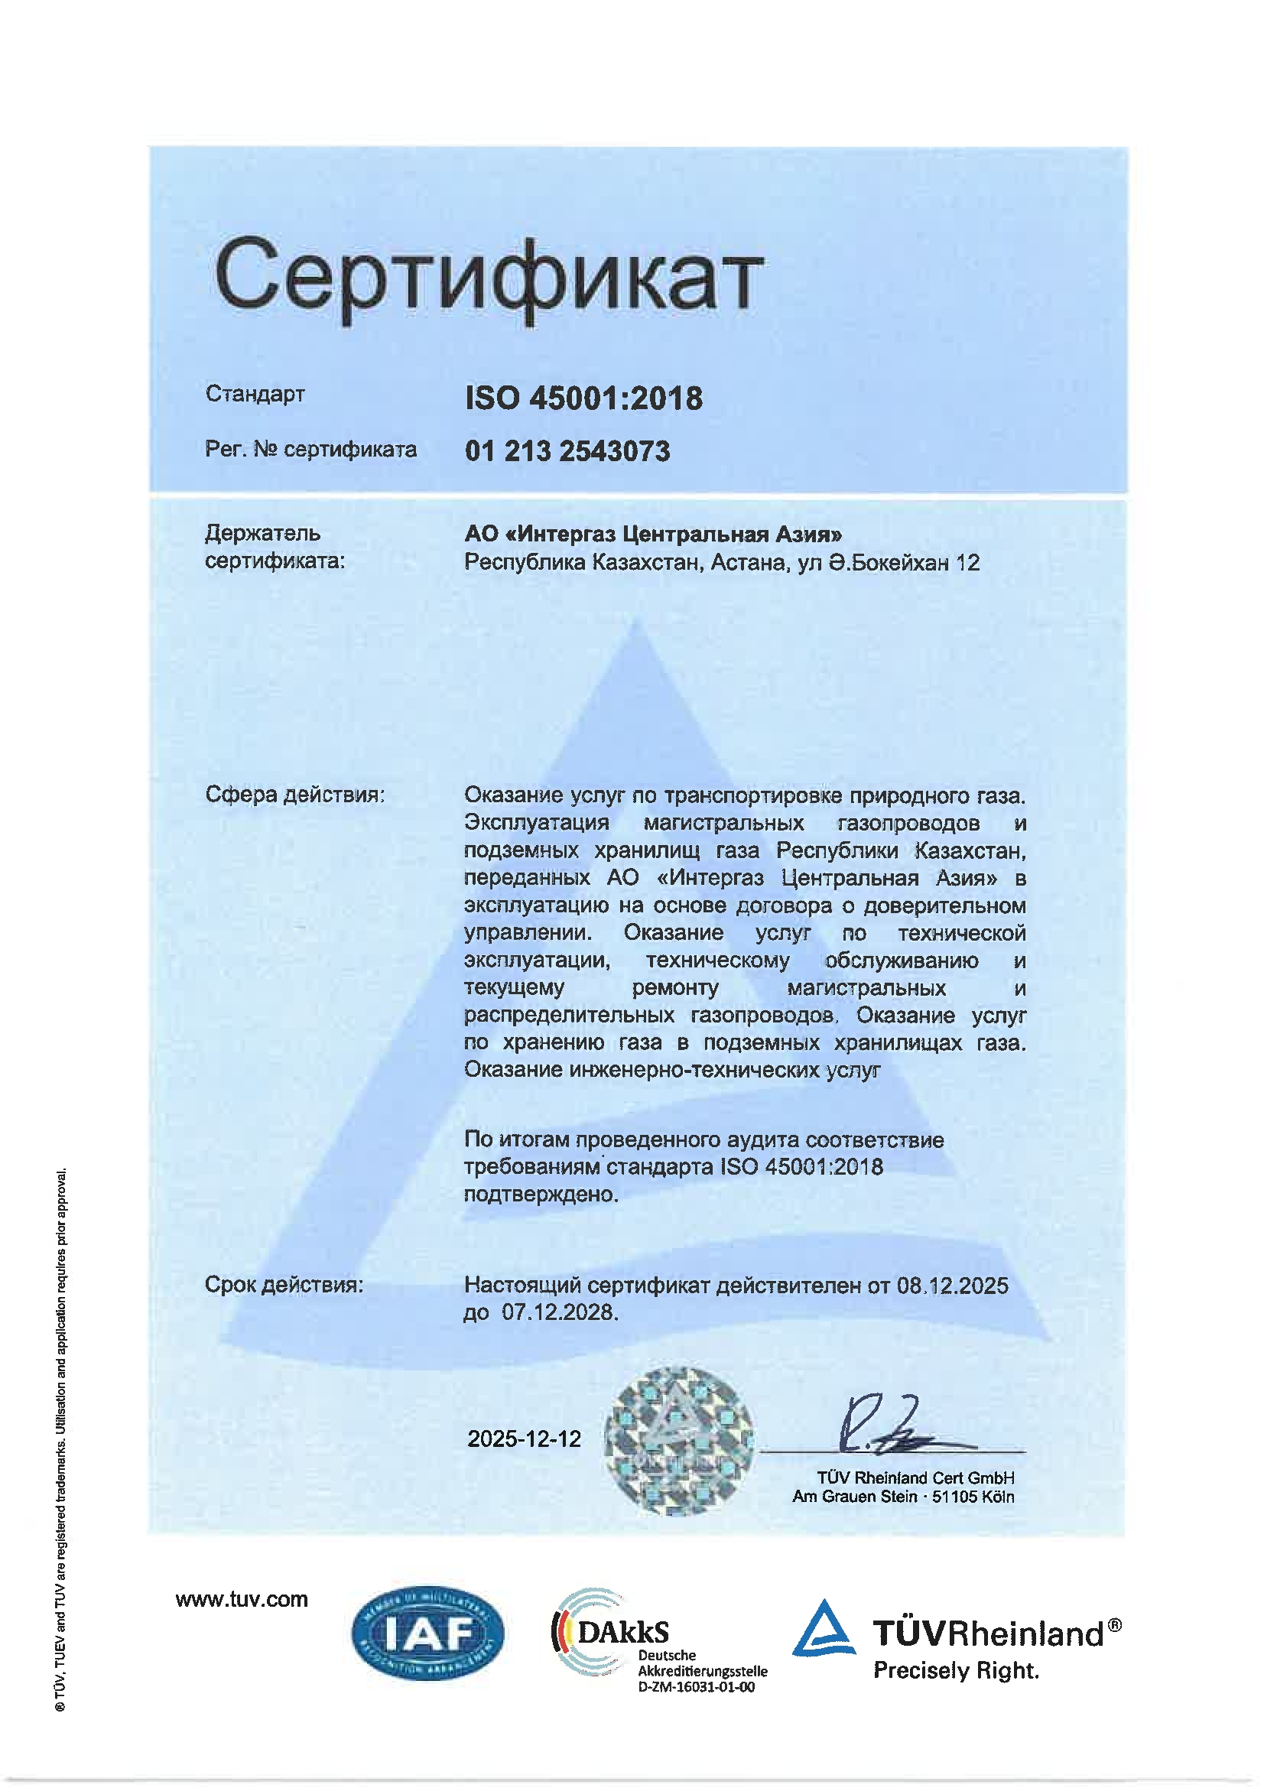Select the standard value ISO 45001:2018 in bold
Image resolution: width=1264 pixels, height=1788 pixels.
(x=583, y=398)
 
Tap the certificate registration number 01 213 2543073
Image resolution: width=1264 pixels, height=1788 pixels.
(x=567, y=452)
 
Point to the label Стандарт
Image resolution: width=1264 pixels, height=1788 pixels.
(x=255, y=394)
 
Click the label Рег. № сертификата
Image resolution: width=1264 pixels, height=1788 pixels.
(x=310, y=450)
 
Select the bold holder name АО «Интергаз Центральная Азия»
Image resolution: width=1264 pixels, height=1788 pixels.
(x=652, y=535)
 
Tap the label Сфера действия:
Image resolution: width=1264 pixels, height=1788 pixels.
(x=294, y=795)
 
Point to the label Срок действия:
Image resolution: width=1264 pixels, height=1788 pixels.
(x=284, y=1284)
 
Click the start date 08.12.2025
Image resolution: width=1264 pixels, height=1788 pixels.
(x=952, y=1285)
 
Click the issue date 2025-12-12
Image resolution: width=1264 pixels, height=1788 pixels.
(x=524, y=1439)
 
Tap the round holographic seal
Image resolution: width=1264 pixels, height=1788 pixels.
(x=679, y=1441)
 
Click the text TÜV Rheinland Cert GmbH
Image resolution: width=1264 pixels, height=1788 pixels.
(x=915, y=1478)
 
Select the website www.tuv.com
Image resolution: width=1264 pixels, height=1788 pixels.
(x=242, y=1600)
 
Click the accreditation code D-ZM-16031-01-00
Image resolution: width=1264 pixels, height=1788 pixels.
(x=696, y=1687)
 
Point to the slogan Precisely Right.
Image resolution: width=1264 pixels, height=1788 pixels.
(x=956, y=1669)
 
